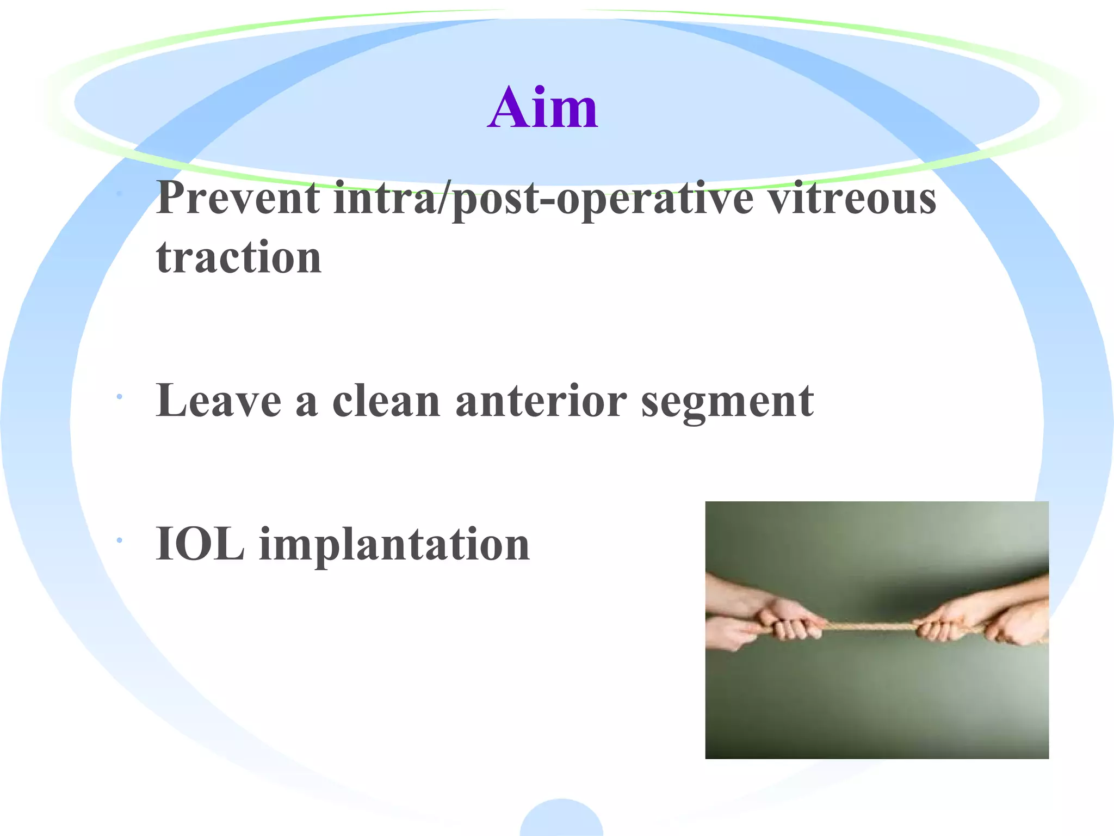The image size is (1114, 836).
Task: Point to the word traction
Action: [239, 256]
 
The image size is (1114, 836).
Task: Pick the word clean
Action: [386, 401]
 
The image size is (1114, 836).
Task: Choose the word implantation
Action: [394, 545]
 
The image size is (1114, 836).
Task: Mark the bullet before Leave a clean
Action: [119, 398]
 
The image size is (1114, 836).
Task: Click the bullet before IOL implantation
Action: [119, 540]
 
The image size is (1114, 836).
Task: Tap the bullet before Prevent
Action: [119, 193]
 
